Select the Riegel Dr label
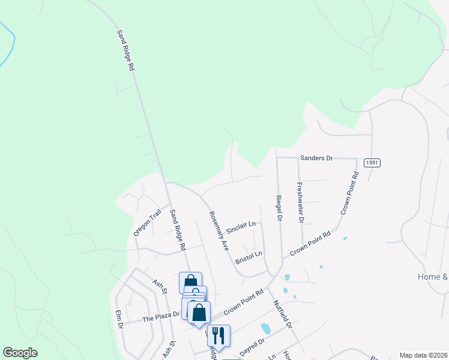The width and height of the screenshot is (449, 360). click(x=279, y=208)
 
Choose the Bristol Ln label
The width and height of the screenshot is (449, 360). click(x=249, y=257)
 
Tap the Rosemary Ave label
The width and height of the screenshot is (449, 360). click(x=218, y=230)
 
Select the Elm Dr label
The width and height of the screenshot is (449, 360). click(x=119, y=317)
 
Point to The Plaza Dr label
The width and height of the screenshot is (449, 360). click(x=161, y=316)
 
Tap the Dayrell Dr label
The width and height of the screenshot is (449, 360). click(x=252, y=347)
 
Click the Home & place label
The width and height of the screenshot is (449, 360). click(x=433, y=277)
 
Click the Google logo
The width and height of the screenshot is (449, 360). click(x=20, y=353)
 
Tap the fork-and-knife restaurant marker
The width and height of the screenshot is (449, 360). click(x=218, y=335)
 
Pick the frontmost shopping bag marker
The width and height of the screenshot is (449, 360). click(x=199, y=313)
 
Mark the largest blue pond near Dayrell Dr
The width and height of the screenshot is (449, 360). click(x=265, y=329)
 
